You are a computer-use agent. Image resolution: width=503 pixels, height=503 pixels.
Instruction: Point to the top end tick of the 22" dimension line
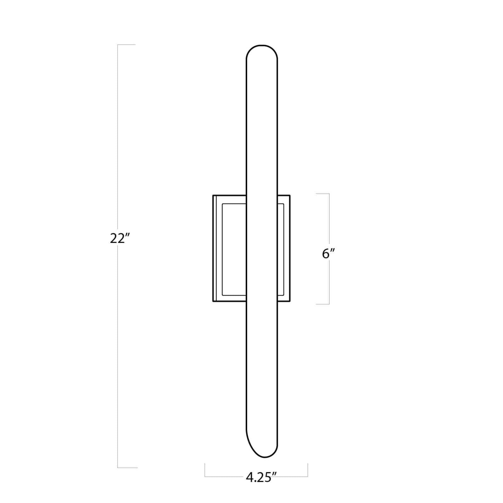coord(126,45)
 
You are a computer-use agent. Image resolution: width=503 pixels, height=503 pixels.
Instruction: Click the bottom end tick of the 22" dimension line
coord(127,468)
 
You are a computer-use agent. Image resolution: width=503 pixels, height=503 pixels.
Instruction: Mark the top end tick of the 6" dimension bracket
coord(323,194)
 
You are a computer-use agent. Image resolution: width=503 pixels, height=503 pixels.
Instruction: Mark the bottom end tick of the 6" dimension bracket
coord(323,304)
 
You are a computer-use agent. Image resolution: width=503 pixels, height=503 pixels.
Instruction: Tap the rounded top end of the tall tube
coord(262,46)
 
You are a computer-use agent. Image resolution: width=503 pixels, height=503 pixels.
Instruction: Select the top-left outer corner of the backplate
coord(213,195)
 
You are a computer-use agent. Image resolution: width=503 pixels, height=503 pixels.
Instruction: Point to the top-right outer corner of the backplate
coord(290,195)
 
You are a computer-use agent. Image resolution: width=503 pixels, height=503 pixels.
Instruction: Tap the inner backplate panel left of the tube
coord(234,250)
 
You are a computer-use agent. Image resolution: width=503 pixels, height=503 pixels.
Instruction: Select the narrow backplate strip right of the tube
coord(281,250)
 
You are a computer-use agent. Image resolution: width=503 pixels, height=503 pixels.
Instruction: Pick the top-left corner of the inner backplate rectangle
coord(222,204)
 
